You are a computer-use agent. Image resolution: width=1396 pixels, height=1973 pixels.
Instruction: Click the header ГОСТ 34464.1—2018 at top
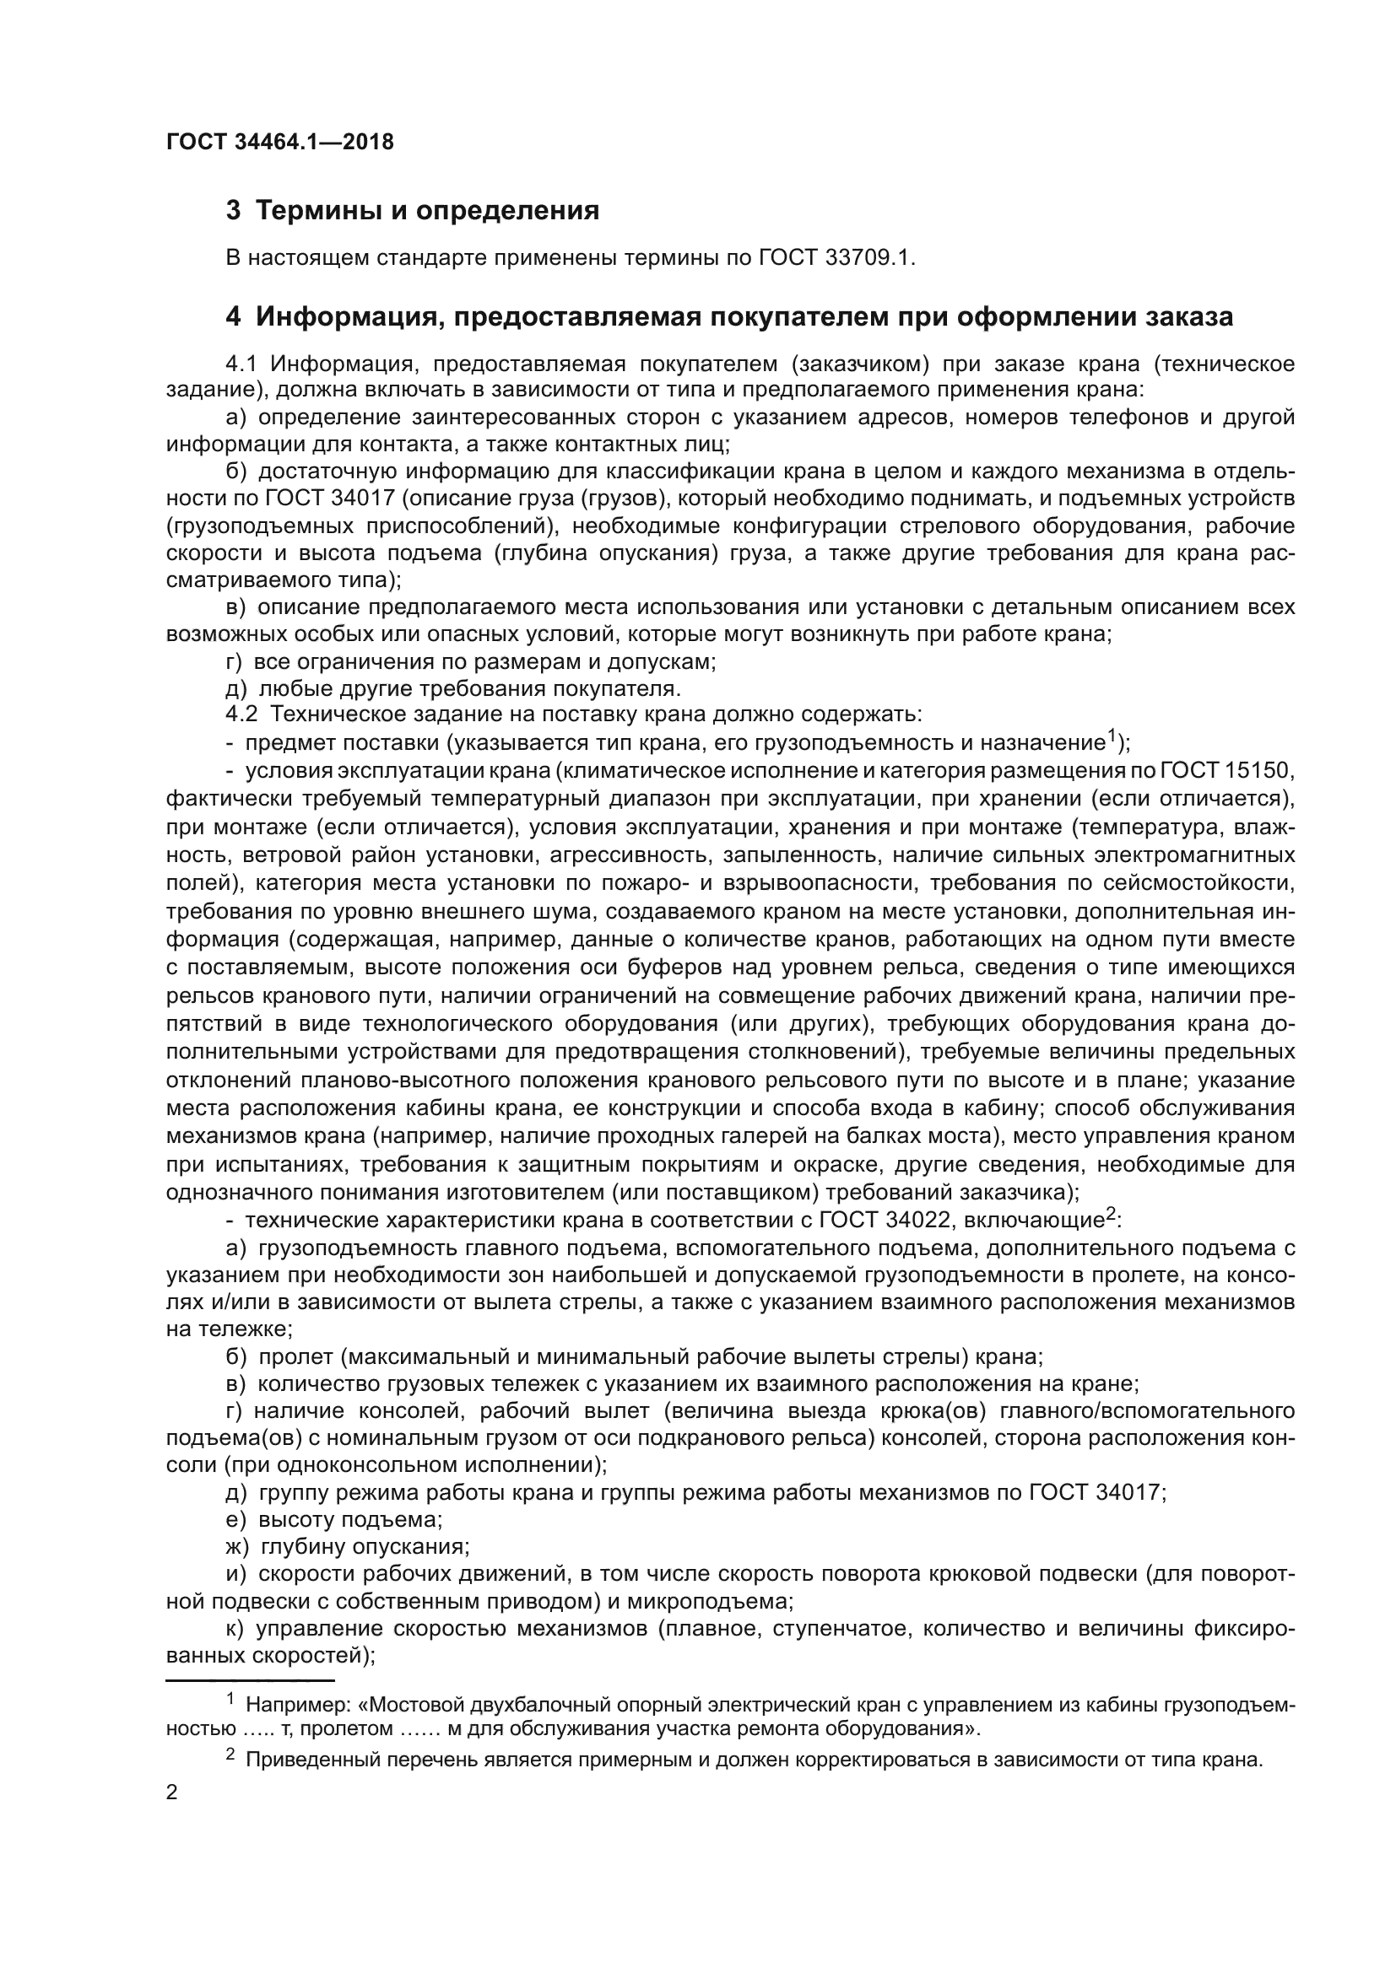(279, 143)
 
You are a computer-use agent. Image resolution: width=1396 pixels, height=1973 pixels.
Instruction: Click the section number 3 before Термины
(233, 211)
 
